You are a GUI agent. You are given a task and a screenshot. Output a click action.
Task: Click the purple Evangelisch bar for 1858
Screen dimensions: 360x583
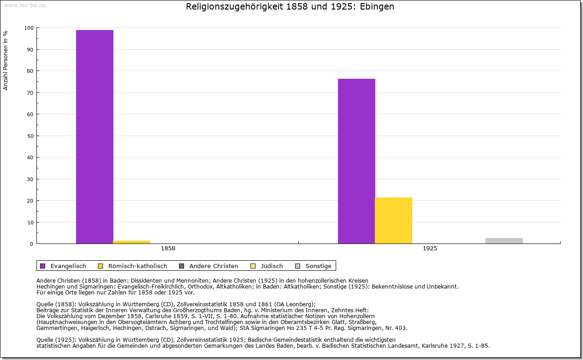point(95,137)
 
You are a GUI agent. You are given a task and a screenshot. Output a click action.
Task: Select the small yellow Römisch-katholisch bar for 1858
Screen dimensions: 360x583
point(132,242)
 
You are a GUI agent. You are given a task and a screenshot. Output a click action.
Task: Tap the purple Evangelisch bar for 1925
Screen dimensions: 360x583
point(357,161)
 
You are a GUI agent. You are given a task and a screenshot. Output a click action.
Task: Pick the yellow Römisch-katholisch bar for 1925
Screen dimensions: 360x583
point(394,221)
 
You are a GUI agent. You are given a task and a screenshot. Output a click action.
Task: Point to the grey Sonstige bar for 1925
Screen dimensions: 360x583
point(504,241)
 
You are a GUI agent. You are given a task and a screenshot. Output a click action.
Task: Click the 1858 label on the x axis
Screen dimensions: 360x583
point(168,248)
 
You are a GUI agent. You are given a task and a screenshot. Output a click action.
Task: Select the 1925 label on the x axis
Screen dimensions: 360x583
point(430,248)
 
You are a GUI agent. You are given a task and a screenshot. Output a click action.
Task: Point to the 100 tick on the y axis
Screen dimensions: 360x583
point(29,28)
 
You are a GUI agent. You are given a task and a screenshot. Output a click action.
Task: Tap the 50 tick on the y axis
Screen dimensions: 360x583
point(31,136)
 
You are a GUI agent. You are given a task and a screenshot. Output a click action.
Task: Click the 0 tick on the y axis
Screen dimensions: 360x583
point(32,244)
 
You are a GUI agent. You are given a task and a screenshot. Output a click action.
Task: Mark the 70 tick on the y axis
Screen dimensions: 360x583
point(31,93)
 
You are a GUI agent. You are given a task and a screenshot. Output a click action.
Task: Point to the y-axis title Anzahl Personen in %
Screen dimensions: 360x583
point(6,60)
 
